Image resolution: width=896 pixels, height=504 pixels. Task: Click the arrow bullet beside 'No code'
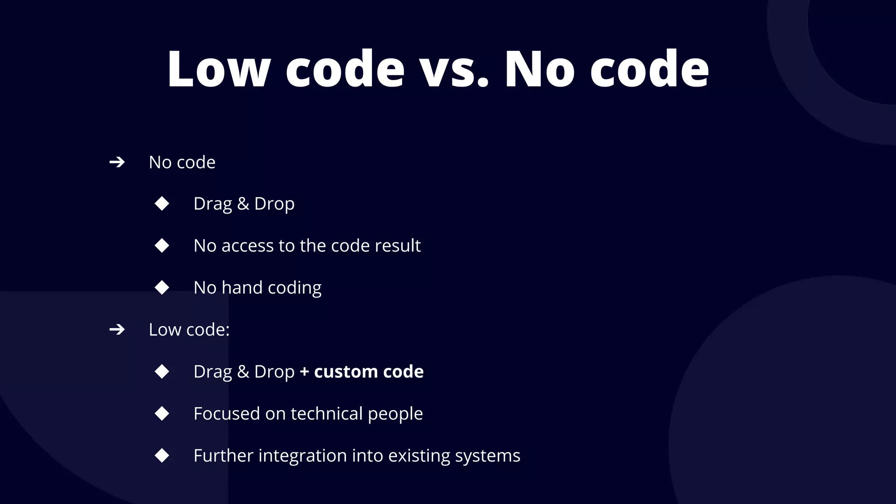click(x=117, y=162)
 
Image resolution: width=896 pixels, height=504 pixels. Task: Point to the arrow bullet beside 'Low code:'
click(x=117, y=329)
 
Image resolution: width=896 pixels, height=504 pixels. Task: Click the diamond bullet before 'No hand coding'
click(x=162, y=287)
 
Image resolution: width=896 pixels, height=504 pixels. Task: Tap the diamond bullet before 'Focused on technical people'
click(x=162, y=413)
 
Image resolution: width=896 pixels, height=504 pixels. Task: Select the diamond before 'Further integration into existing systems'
click(x=162, y=455)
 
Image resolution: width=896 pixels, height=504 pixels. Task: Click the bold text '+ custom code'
click(x=361, y=371)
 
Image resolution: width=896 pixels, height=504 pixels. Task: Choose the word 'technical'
click(x=326, y=413)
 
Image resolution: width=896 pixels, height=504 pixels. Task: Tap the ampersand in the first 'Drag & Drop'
click(x=243, y=203)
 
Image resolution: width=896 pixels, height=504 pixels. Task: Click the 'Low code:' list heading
click(x=189, y=329)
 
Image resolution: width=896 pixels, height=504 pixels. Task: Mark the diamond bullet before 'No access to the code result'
click(x=162, y=245)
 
